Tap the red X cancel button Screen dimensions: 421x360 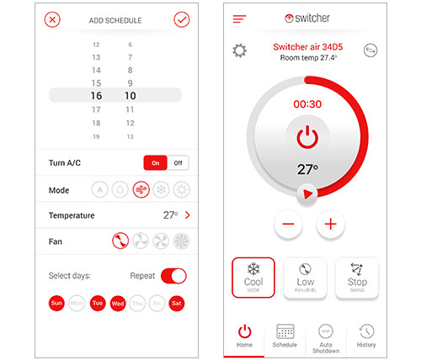point(52,19)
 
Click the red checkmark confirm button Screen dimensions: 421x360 point(182,19)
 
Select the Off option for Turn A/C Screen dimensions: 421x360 point(178,163)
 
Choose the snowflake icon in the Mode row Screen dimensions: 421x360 point(161,190)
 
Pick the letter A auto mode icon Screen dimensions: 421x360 point(99,190)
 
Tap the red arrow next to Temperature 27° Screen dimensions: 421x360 point(188,215)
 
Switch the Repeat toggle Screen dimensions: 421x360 point(173,276)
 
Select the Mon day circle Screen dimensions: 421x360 point(77,303)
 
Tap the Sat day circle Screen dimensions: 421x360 point(177,303)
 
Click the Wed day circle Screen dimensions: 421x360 point(118,304)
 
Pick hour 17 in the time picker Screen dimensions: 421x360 point(96,109)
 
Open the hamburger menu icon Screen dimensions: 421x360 point(239,19)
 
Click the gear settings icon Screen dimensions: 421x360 point(240,50)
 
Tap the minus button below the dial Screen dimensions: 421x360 point(288,224)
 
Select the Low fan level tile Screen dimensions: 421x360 point(306,278)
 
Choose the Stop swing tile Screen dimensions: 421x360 point(357,278)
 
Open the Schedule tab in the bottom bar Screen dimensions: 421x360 point(285,336)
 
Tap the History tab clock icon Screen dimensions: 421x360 point(366,331)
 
